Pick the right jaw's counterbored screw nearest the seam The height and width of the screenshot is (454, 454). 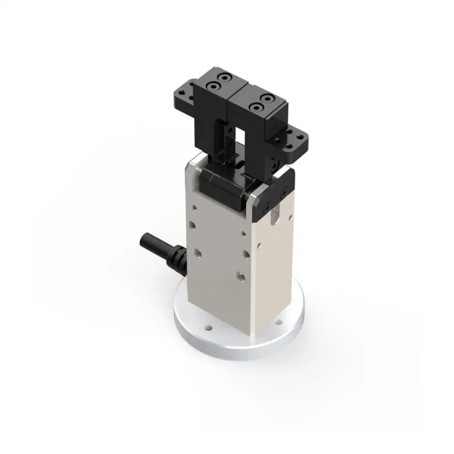click(x=256, y=107)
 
